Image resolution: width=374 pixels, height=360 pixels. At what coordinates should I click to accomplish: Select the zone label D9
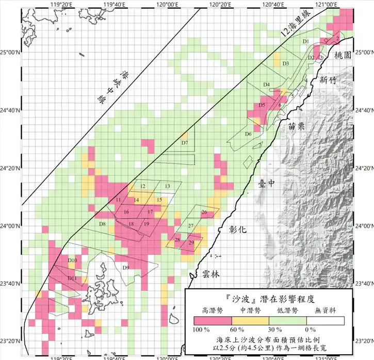click(x=125, y=267)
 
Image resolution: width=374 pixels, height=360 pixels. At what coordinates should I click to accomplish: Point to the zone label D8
click(x=103, y=224)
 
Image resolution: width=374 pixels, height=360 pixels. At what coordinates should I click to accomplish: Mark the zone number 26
click(x=204, y=212)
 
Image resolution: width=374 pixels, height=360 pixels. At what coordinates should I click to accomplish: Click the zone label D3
click(x=285, y=63)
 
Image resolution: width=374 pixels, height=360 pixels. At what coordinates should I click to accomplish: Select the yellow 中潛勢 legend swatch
click(x=251, y=321)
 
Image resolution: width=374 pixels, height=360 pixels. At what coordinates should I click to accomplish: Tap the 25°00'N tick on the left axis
click(x=9, y=52)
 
